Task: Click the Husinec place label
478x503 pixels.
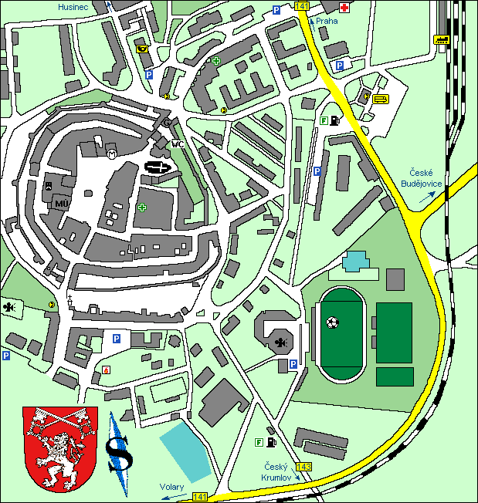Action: coord(73,6)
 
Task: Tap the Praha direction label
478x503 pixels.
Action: coord(327,22)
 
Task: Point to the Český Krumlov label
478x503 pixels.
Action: coord(276,472)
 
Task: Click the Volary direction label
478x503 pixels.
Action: coord(171,487)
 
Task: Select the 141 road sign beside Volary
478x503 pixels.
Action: coord(200,495)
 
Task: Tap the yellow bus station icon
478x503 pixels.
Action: coord(380,99)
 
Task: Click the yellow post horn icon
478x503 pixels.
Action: coord(142,49)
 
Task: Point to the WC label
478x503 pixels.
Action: coord(177,143)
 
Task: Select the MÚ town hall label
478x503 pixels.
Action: coord(62,203)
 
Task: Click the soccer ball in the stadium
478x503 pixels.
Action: coord(332,322)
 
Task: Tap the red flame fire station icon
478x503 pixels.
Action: coord(105,370)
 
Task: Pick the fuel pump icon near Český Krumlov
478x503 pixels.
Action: coord(271,443)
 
